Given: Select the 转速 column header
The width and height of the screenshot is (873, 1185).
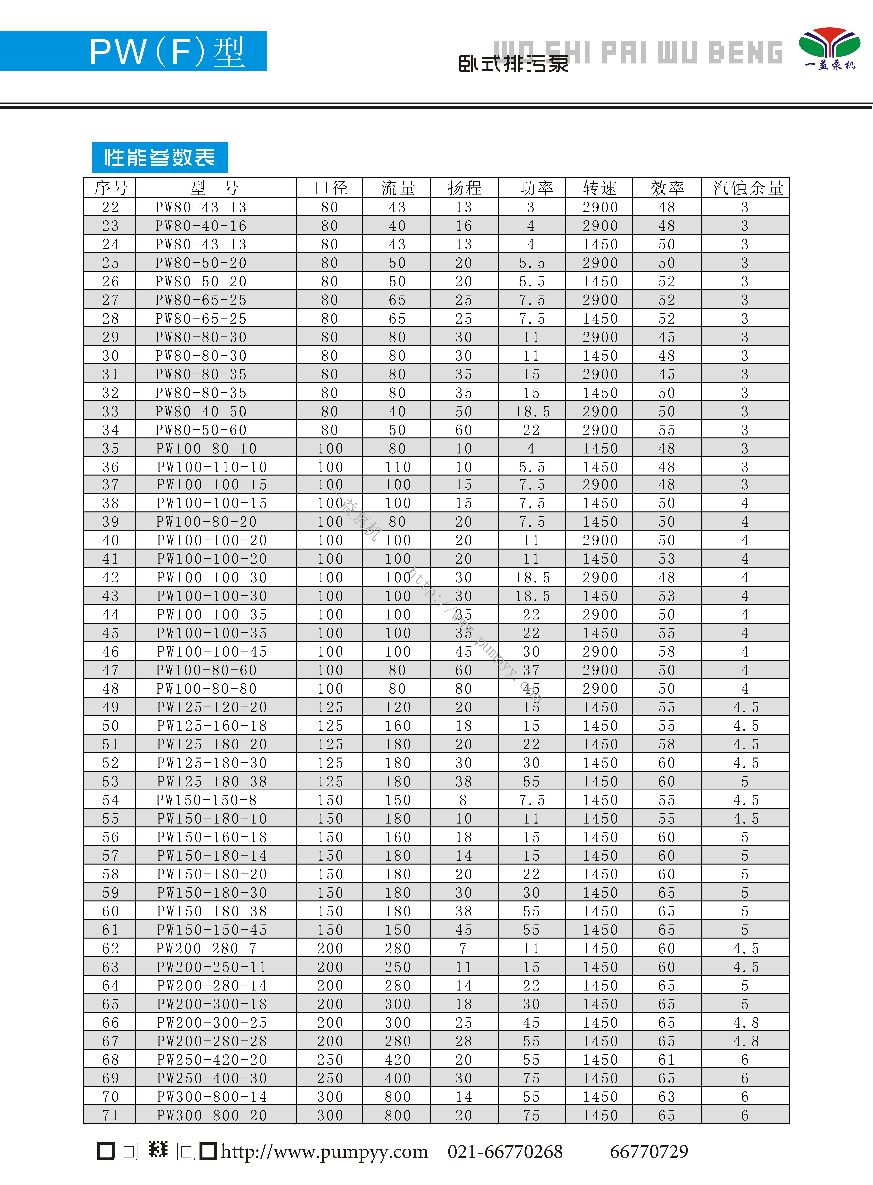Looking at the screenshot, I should click(x=600, y=188).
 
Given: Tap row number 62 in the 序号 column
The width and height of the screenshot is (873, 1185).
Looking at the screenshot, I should click(x=110, y=948).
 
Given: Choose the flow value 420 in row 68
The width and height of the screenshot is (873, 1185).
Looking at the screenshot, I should click(x=397, y=1060).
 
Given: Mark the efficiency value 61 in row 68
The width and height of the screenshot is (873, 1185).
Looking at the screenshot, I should click(x=666, y=1060).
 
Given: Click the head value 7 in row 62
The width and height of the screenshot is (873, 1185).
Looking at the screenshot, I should click(x=463, y=948).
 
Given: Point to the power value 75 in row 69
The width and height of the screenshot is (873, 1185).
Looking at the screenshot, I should click(x=531, y=1078).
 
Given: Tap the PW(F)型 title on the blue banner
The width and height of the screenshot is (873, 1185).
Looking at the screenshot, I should click(x=167, y=52).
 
